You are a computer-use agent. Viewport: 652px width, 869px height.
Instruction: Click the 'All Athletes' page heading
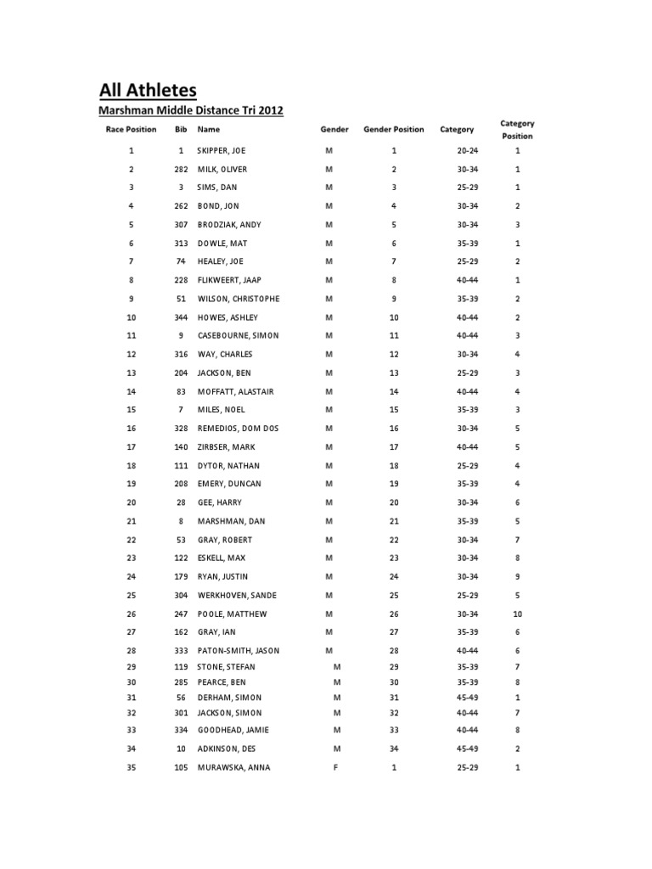point(148,90)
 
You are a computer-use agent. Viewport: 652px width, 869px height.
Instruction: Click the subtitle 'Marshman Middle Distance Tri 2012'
point(191,110)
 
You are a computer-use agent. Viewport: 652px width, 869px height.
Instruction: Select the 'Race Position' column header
point(131,130)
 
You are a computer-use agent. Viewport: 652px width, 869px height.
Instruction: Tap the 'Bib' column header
point(181,130)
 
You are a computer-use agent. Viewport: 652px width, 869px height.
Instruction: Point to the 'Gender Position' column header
point(393,130)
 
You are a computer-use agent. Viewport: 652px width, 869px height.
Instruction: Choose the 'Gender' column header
point(334,130)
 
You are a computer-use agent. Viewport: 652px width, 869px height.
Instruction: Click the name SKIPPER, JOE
point(221,151)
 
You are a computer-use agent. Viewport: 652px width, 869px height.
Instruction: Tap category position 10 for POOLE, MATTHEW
point(517,614)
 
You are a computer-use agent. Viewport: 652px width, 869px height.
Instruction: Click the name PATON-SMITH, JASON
point(239,651)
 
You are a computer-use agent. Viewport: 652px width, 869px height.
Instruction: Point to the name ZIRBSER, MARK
point(226,447)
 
